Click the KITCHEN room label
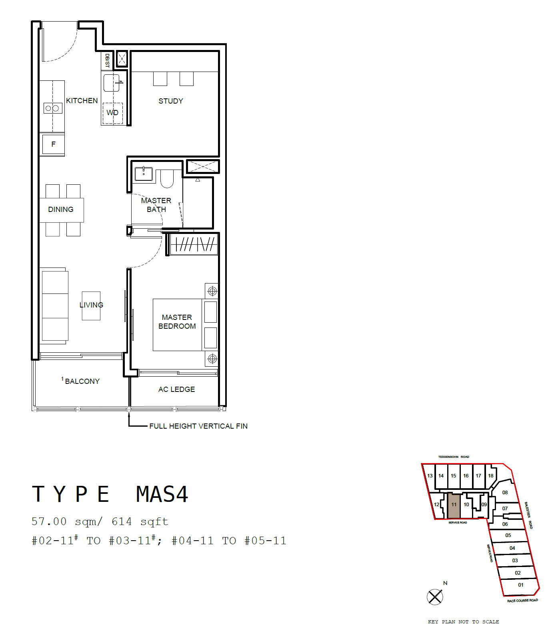(x=82, y=101)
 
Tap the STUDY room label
(x=171, y=101)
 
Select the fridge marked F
(x=53, y=144)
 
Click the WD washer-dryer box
(x=112, y=113)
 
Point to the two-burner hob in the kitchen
(x=53, y=108)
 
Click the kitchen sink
(x=112, y=83)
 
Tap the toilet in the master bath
(x=167, y=178)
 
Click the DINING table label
(x=61, y=210)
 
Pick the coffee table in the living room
(x=91, y=306)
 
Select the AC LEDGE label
(x=176, y=389)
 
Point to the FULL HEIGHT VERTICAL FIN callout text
(x=198, y=426)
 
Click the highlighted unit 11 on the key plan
(x=454, y=505)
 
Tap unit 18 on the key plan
(x=491, y=476)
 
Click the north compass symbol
(x=435, y=597)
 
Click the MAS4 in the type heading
(x=162, y=494)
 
